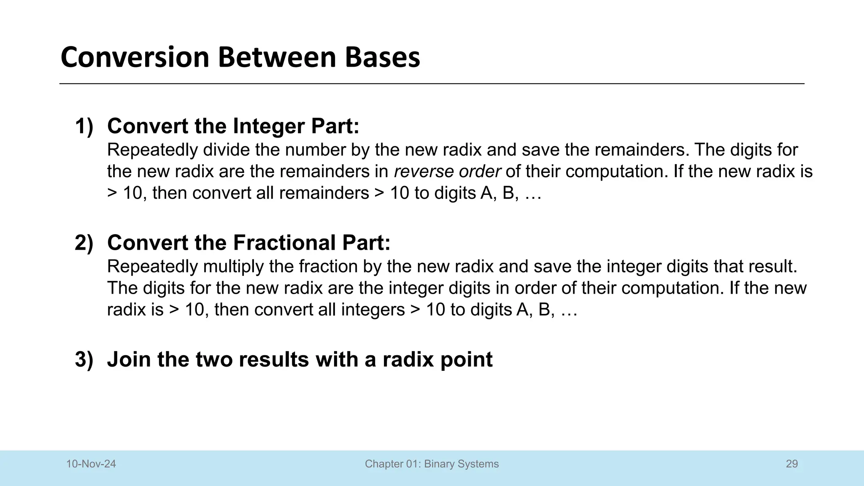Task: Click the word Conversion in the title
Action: [x=135, y=57]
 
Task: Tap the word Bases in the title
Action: [x=383, y=57]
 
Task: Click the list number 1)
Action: [x=84, y=126]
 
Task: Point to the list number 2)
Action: [x=84, y=243]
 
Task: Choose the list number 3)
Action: [x=84, y=359]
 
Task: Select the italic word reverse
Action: [x=424, y=172]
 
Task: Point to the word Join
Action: [x=129, y=359]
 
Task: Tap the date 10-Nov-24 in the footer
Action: [x=91, y=464]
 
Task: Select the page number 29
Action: [x=792, y=464]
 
